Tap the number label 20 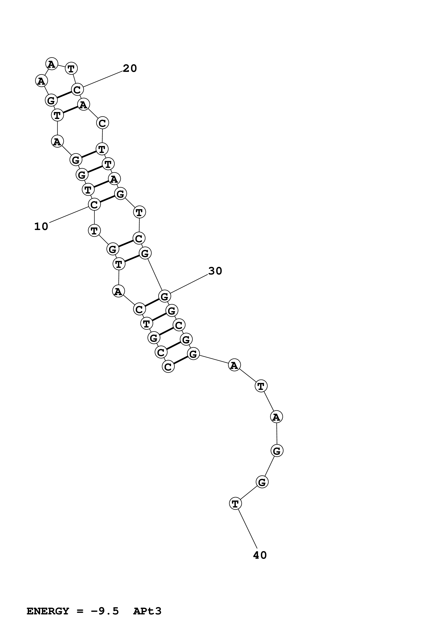[130, 68]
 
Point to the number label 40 [260, 555]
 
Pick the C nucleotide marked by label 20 [77, 89]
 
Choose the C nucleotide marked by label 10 [94, 205]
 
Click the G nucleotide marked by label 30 [164, 296]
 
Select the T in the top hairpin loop [71, 68]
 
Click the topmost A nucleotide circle [52, 64]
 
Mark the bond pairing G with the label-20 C [64, 95]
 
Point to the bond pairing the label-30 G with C [152, 303]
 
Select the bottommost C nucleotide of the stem [168, 367]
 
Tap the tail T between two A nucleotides [261, 386]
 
